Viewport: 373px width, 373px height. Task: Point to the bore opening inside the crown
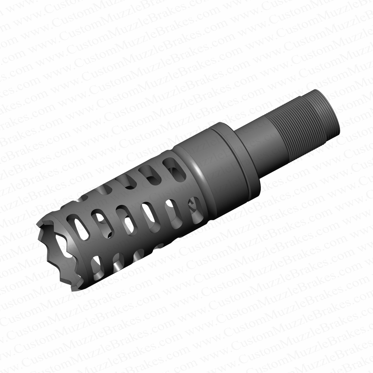click(63, 254)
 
